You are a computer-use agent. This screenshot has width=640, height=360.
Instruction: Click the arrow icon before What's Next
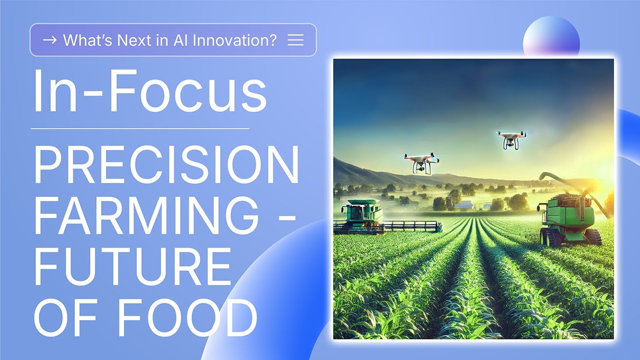pyautogui.click(x=49, y=40)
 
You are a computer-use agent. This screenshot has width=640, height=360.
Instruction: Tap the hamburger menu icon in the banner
pyautogui.click(x=295, y=40)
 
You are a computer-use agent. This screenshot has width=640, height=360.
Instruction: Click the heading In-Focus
pyautogui.click(x=149, y=92)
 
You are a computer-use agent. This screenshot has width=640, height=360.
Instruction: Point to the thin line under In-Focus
pyautogui.click(x=140, y=128)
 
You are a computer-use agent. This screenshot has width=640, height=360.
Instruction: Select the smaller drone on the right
pyautogui.click(x=511, y=139)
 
